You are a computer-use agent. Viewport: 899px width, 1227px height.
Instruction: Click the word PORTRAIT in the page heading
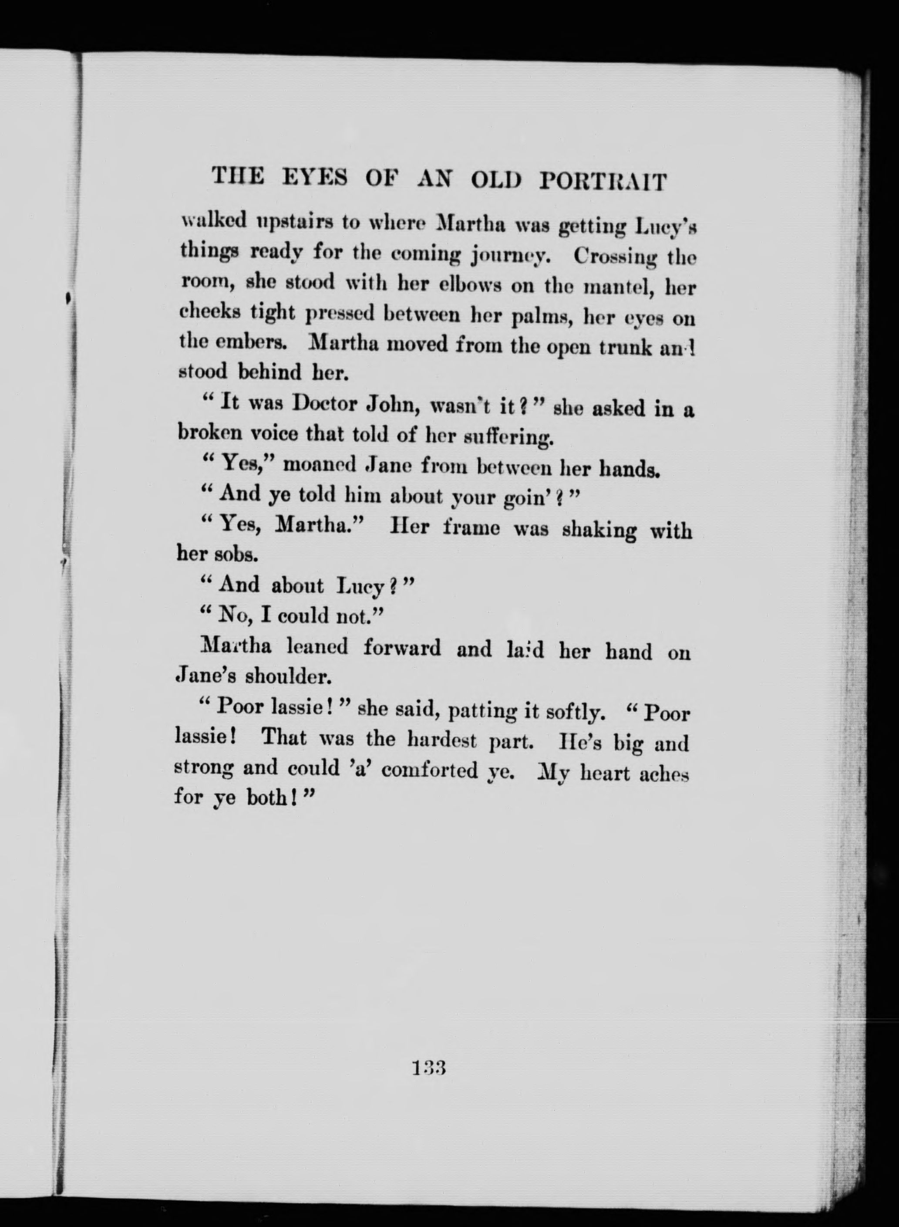coord(603,181)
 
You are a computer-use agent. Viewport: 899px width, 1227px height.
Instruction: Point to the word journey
coord(510,255)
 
